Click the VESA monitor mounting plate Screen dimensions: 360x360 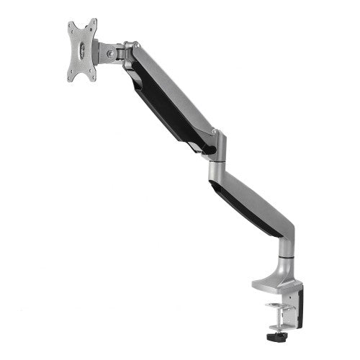tap(82, 50)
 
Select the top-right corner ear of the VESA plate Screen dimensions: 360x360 tap(94, 22)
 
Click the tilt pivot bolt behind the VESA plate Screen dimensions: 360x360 tap(110, 53)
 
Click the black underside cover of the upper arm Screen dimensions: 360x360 tap(162, 108)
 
